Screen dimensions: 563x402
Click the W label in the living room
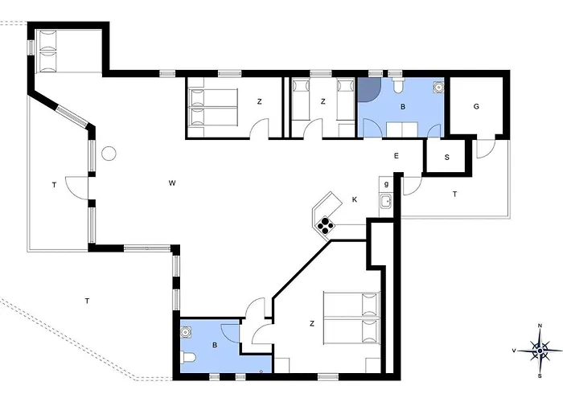(172, 183)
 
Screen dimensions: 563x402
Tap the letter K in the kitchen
(355, 199)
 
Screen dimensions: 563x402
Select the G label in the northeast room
(476, 106)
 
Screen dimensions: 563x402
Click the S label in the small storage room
(446, 158)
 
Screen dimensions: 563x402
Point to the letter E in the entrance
(396, 156)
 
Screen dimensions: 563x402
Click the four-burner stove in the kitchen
(325, 224)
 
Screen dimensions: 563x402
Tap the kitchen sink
(386, 201)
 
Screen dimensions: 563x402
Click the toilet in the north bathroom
(398, 84)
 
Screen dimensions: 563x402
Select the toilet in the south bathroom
(188, 358)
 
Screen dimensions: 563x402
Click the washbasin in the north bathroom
(438, 87)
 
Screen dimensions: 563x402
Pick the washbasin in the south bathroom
(186, 332)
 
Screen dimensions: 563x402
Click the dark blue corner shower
(368, 89)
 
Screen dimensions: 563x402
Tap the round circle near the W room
(109, 154)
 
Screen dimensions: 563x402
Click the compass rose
(540, 351)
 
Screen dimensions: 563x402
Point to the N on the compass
(540, 326)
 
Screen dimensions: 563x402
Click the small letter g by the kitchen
(386, 184)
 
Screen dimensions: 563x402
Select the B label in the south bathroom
(215, 345)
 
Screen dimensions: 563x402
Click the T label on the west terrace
(54, 185)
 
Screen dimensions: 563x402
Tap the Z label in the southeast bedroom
(312, 324)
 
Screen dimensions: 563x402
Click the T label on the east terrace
(454, 195)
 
